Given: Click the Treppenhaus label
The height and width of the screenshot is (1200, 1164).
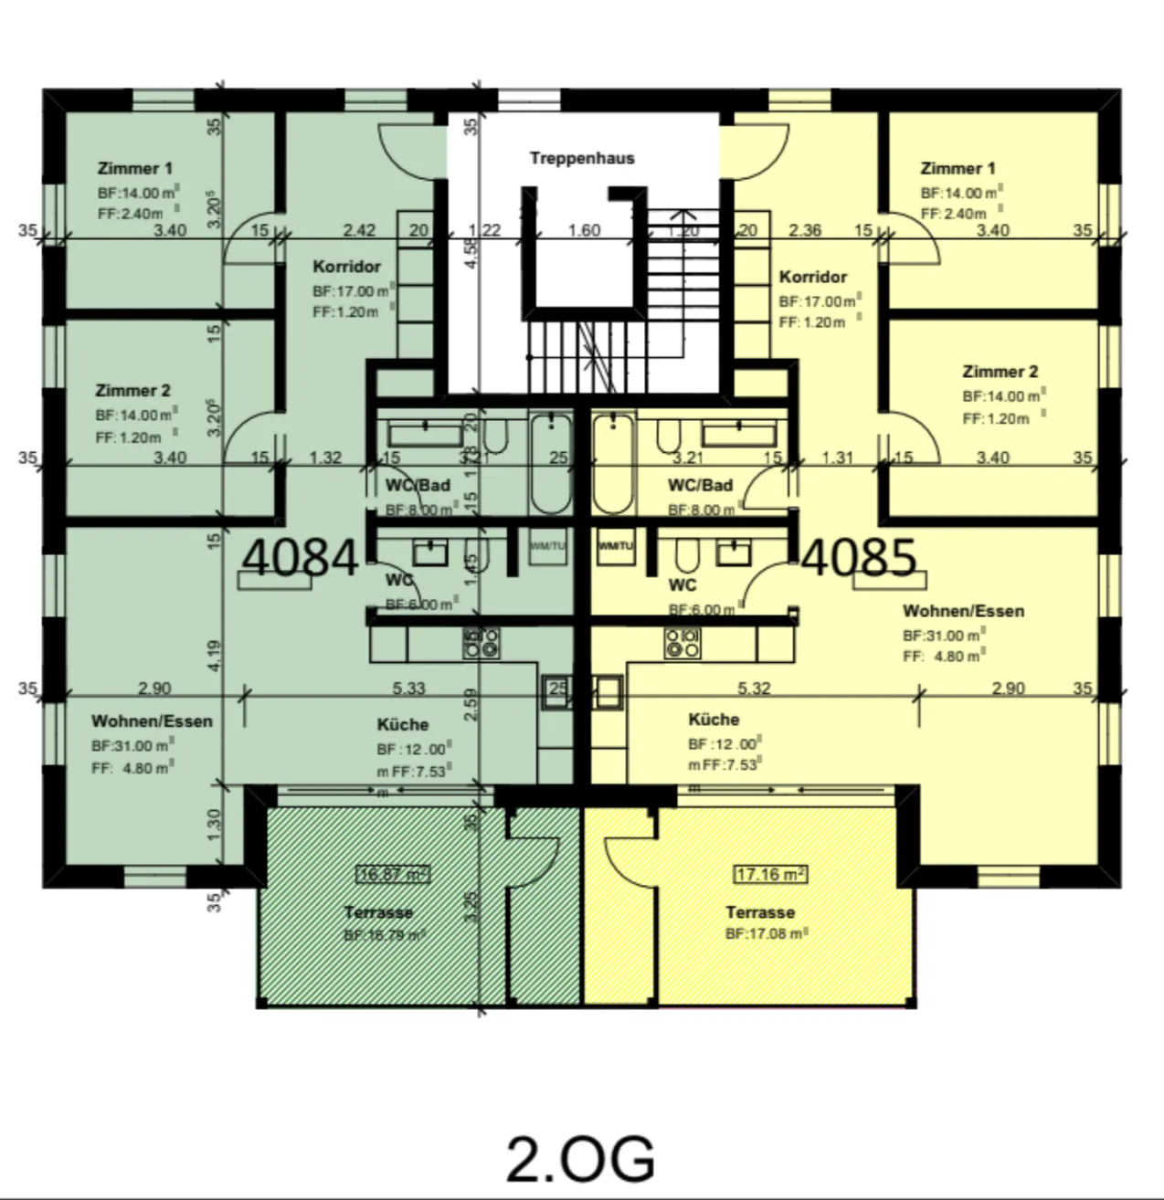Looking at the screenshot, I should [x=581, y=158].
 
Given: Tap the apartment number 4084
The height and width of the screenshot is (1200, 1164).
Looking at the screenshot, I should [x=301, y=556].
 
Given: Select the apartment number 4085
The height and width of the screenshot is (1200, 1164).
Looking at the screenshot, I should [x=859, y=556].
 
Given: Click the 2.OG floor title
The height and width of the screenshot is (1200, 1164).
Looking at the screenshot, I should [x=580, y=1158].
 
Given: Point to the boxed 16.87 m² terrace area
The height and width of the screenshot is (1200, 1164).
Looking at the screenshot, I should [x=394, y=875].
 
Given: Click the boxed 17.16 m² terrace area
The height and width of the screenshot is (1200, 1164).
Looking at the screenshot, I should [x=770, y=875].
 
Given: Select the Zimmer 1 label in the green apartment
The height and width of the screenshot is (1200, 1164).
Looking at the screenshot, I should [x=134, y=168].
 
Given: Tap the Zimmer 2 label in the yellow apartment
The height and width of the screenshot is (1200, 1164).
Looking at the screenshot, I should [x=1000, y=372].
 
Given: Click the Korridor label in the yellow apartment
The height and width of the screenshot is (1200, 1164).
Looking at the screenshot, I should [x=812, y=277].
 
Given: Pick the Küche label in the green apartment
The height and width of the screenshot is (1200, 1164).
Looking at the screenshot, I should [x=402, y=724].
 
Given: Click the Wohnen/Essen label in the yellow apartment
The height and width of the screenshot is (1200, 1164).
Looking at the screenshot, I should [x=963, y=611].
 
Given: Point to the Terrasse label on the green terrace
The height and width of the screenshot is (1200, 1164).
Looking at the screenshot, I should [x=378, y=912].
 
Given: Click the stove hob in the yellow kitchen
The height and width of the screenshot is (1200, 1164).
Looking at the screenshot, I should [x=683, y=643].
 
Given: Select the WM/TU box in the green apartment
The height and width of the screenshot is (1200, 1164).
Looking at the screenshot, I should [x=548, y=546].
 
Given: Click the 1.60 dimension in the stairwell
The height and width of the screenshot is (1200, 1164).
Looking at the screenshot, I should [x=584, y=230].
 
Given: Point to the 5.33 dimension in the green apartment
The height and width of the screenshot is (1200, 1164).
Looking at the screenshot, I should [x=408, y=689].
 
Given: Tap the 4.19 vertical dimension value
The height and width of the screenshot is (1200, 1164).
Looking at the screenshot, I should [x=214, y=656].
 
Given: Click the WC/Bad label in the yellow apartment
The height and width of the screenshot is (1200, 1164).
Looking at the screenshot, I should [x=700, y=485].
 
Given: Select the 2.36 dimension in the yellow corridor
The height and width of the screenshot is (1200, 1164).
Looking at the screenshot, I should [x=804, y=230].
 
